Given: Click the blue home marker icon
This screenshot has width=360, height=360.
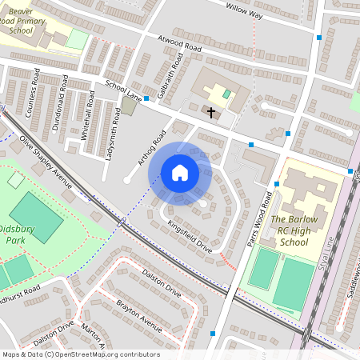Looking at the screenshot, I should pyautogui.click(x=180, y=173).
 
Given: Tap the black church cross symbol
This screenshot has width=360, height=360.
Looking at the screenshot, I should pyautogui.click(x=211, y=113).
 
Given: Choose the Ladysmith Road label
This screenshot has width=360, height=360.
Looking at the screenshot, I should pyautogui.click(x=114, y=132).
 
